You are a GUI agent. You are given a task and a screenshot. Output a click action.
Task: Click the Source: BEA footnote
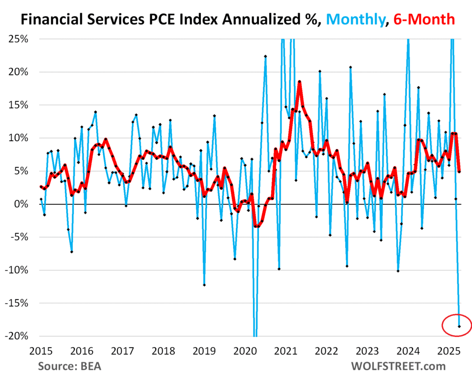point(70,367)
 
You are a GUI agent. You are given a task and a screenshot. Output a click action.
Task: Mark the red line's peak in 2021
point(299,82)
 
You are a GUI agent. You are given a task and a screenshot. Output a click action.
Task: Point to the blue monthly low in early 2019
point(204,285)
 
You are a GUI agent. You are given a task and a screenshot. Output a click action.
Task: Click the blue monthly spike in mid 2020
point(265,56)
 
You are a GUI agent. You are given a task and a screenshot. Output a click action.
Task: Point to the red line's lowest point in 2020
point(255,226)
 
